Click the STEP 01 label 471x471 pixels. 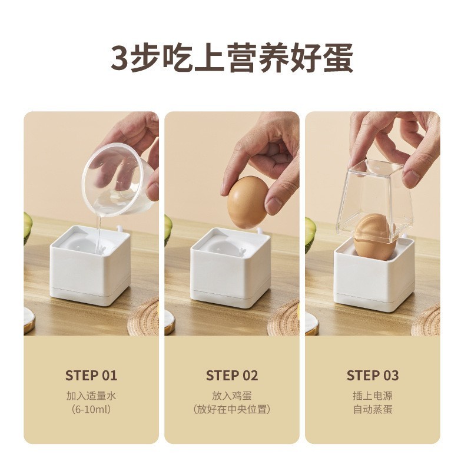pos(91,376)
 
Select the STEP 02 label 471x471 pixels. pos(232,376)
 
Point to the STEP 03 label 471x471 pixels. pos(373,376)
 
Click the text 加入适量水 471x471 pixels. pos(91,396)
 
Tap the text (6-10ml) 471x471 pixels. pos(91,409)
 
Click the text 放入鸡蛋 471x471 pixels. pos(232,396)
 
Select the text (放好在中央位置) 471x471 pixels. pos(232,409)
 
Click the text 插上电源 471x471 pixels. pos(373,396)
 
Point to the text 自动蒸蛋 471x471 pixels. pos(373,409)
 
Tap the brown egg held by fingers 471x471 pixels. pos(247,202)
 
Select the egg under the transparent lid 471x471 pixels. pos(373,237)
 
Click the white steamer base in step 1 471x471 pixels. pos(91,268)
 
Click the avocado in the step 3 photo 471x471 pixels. pos(310,233)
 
